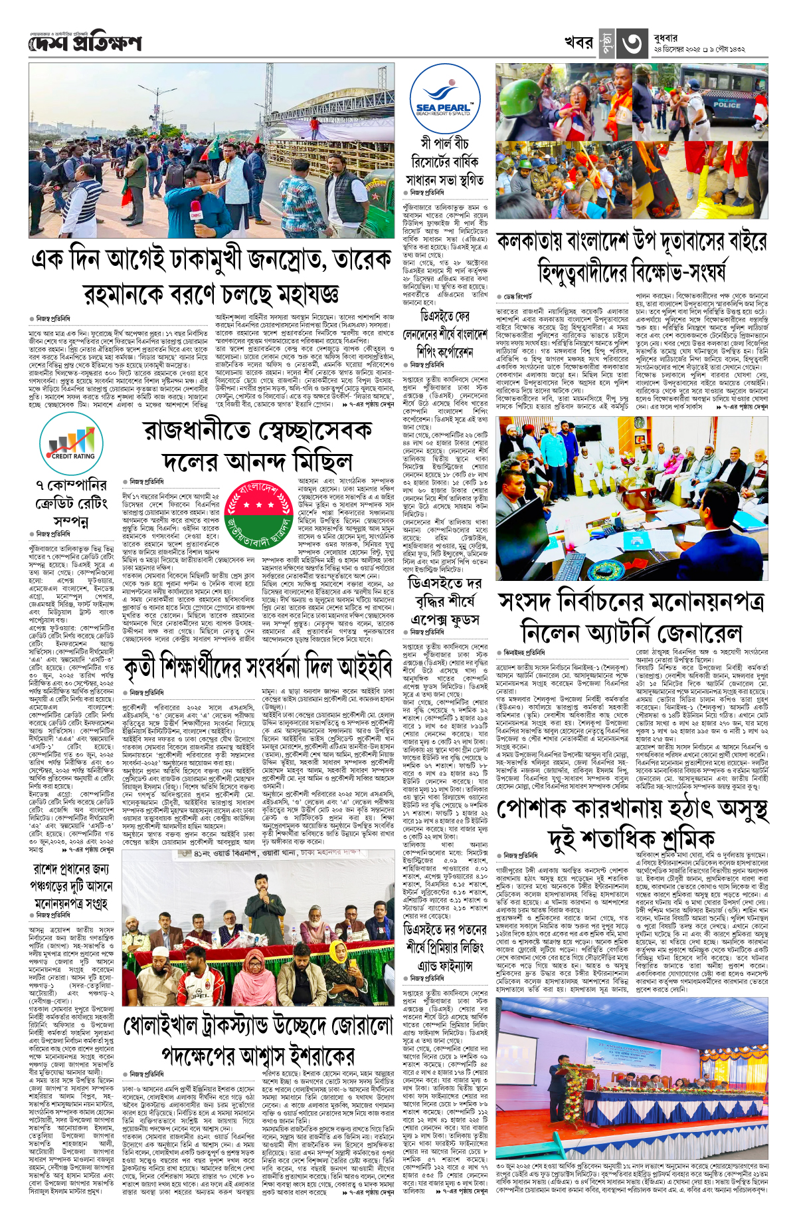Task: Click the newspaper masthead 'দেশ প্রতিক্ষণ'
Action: [x=85, y=43]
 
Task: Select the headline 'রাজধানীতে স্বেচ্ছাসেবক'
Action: [x=258, y=431]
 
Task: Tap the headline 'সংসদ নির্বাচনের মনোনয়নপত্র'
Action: [x=632, y=602]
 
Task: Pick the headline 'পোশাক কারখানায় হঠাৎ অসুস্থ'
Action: [x=632, y=809]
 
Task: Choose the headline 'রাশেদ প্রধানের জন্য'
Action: [x=72, y=869]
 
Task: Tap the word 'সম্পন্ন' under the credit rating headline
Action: [x=71, y=522]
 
